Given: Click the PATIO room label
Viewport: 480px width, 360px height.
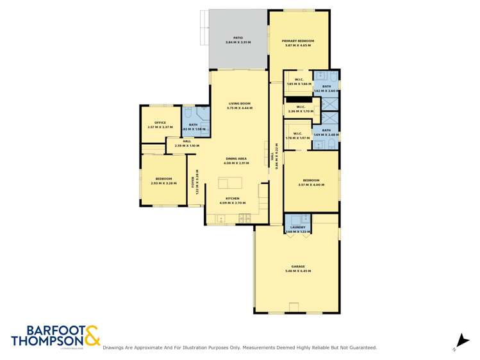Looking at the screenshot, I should (x=238, y=38).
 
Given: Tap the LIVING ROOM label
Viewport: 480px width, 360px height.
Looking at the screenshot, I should (x=238, y=104).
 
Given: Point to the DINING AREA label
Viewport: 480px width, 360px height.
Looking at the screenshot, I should (x=235, y=158).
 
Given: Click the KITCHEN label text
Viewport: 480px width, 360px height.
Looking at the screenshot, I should (x=232, y=199).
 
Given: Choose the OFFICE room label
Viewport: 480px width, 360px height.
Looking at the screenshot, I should (x=160, y=123).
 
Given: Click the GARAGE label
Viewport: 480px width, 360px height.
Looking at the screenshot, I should (x=298, y=266).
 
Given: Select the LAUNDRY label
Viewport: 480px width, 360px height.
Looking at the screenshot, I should (x=298, y=227).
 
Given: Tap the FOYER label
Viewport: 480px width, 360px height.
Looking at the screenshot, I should (x=192, y=181).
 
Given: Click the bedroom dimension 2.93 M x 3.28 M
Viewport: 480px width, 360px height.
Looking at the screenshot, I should (x=163, y=184).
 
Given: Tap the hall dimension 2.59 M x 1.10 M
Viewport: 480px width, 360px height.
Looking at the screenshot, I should (x=187, y=145).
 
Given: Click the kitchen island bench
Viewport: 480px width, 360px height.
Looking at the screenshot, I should (x=231, y=184).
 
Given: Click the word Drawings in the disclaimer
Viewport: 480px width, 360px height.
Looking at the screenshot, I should (x=115, y=348).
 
